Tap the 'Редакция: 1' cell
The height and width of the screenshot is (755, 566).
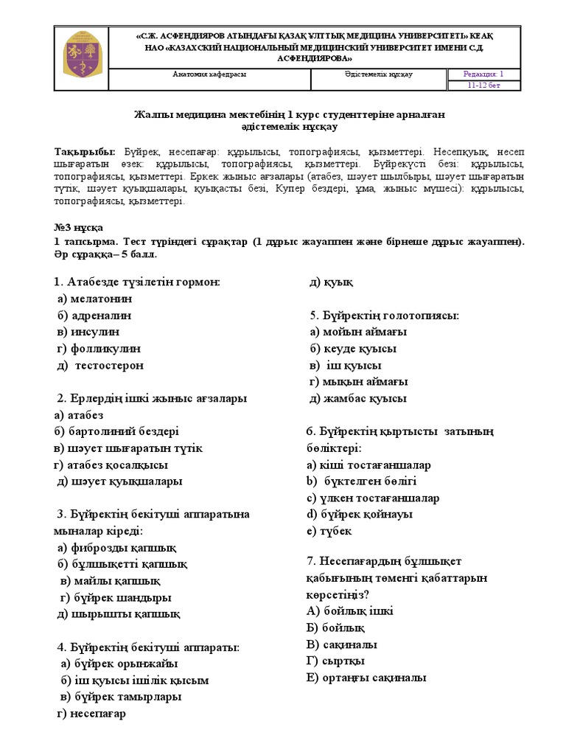[x=484, y=74]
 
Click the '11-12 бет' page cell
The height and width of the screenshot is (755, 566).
[x=484, y=86]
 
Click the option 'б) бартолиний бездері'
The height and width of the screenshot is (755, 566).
[x=116, y=431]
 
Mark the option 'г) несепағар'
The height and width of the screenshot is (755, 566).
[x=91, y=713]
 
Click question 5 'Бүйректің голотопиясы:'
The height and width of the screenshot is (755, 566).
[x=385, y=316]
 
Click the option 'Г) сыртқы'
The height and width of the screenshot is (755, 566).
[x=335, y=661]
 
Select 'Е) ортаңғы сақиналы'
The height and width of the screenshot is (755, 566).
[x=366, y=678]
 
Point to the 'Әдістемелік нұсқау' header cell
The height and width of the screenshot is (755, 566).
[x=378, y=74]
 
